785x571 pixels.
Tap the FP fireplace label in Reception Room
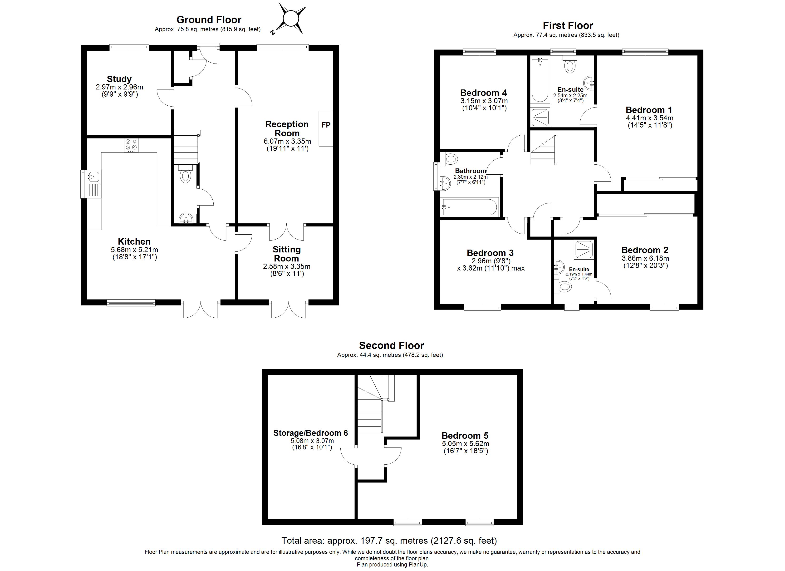tap(326, 125)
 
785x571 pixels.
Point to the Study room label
tap(119, 79)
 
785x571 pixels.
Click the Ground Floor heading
tap(209, 20)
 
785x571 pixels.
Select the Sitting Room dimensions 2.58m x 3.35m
tap(287, 267)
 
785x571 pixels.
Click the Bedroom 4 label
tap(484, 93)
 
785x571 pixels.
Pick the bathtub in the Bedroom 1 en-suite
tap(540, 80)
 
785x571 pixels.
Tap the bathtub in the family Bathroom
tap(470, 207)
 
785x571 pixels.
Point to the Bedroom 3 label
tap(490, 253)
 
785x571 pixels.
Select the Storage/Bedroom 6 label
tap(310, 433)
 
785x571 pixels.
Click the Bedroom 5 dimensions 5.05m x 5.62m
tap(466, 444)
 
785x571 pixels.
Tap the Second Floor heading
tap(392, 346)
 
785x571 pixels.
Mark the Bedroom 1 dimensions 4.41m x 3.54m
tap(650, 118)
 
